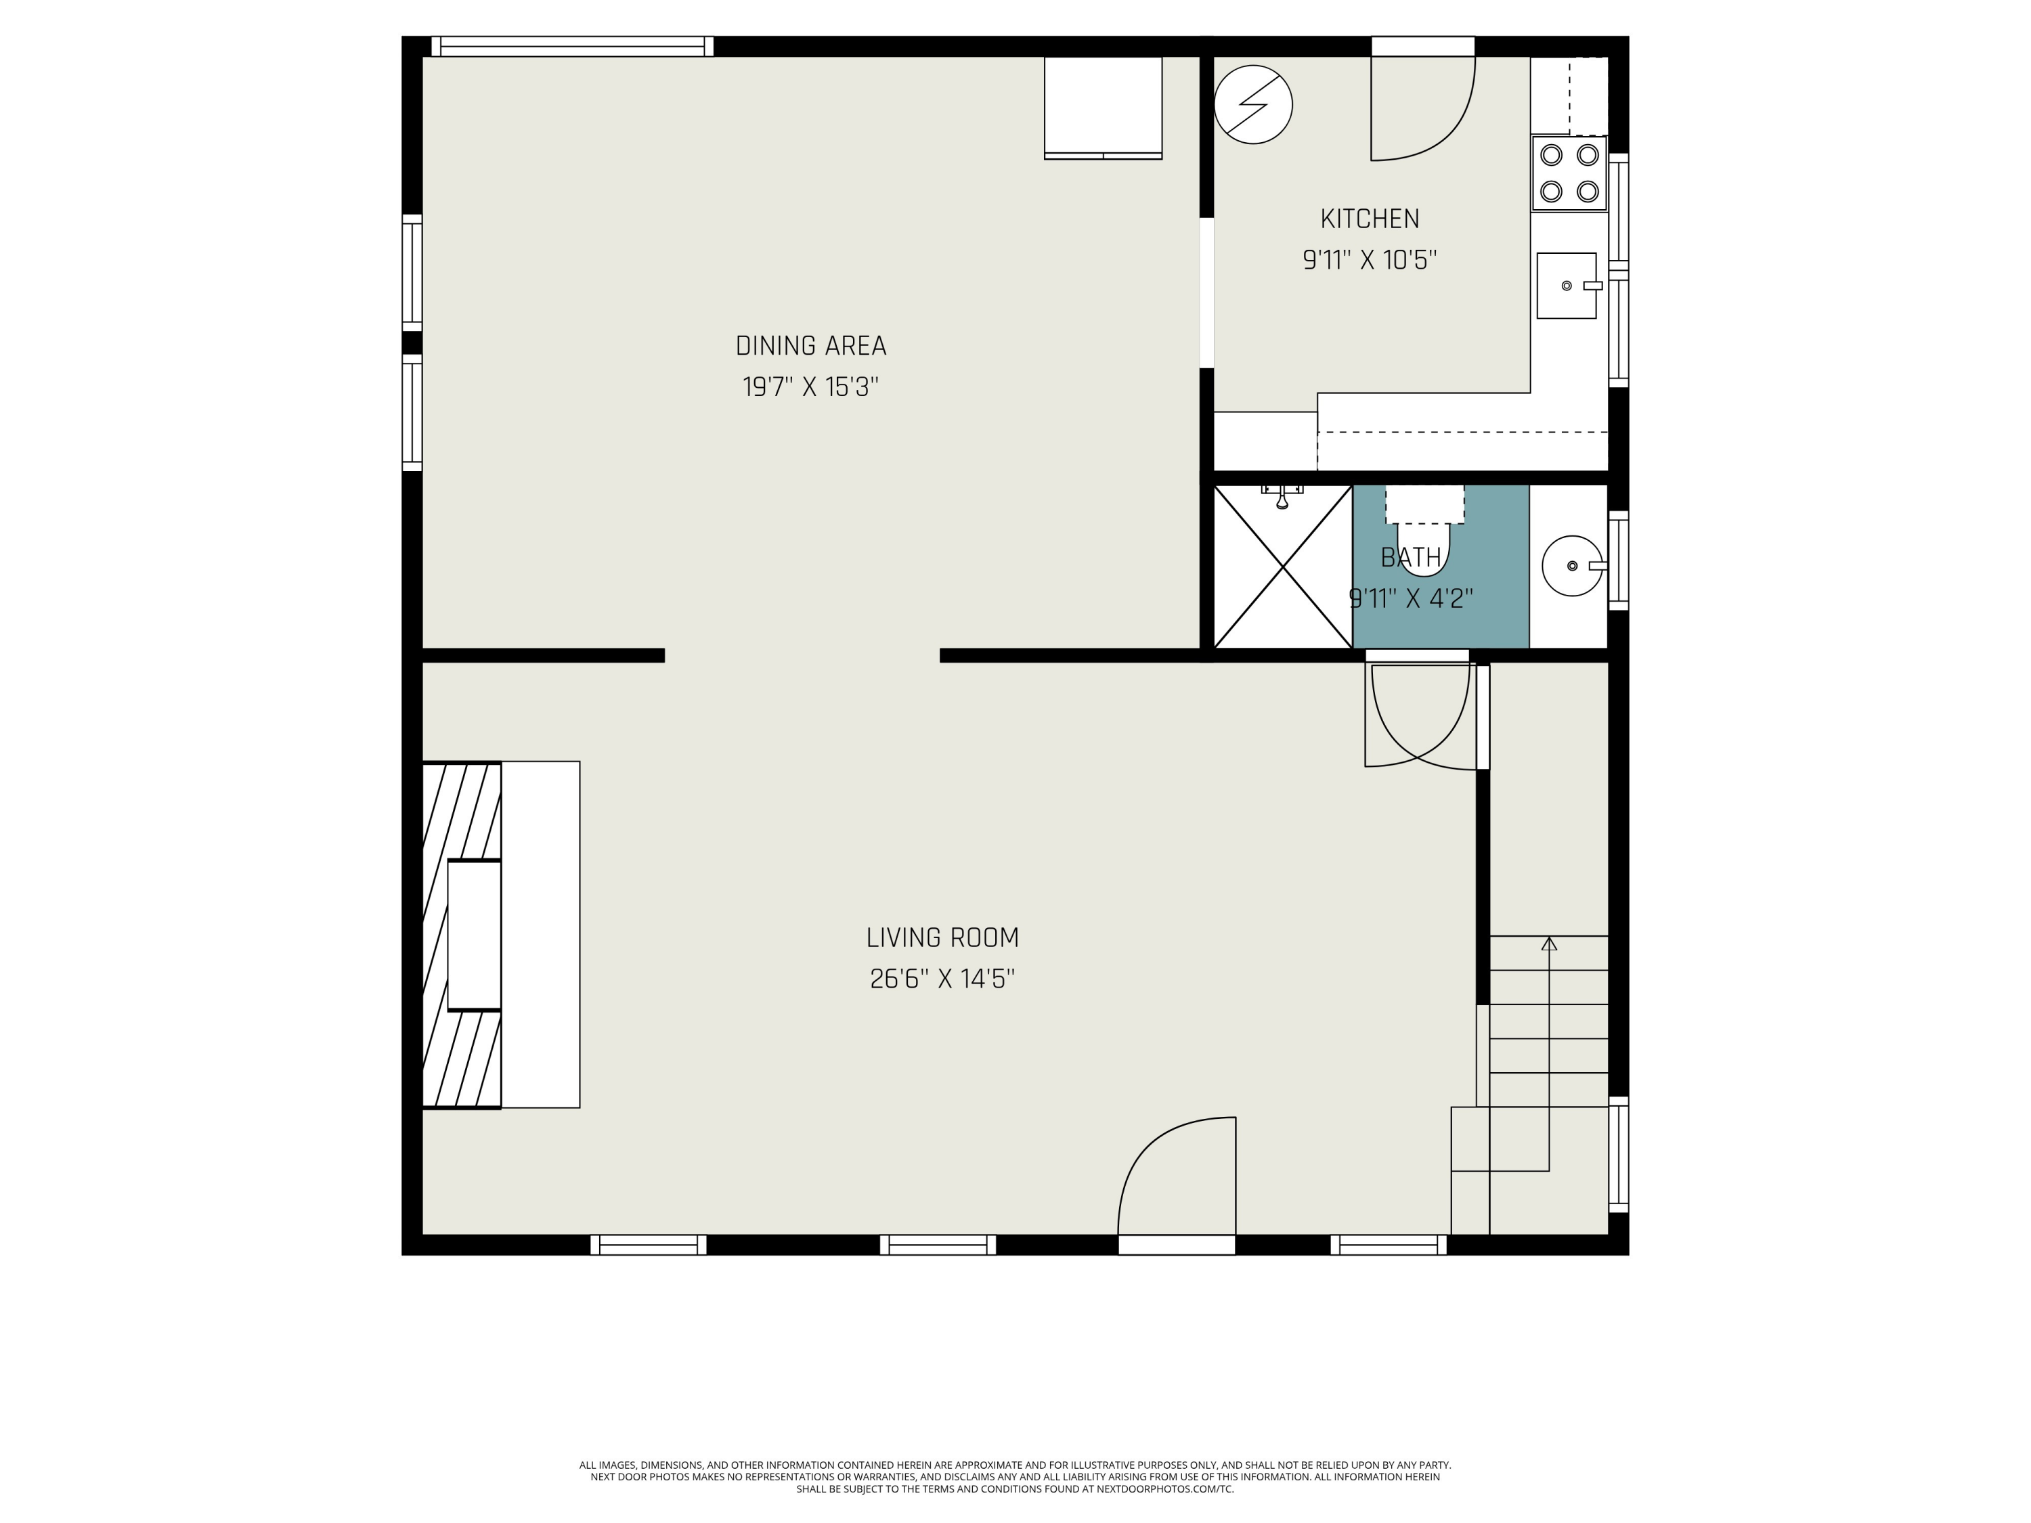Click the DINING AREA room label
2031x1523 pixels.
(x=811, y=346)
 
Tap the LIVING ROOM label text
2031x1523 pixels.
(x=942, y=937)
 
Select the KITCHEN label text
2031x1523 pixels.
(x=1369, y=219)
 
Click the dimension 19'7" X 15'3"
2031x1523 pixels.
(x=811, y=387)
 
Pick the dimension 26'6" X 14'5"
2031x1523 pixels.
(x=942, y=979)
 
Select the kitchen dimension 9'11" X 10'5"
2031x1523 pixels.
(x=1369, y=260)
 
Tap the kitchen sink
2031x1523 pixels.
(x=1567, y=286)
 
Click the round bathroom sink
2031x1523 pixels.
(x=1573, y=565)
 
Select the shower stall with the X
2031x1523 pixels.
(x=1283, y=567)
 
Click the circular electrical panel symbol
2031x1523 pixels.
(x=1253, y=104)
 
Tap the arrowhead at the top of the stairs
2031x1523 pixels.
(x=1549, y=943)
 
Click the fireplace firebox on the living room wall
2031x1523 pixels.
(x=474, y=935)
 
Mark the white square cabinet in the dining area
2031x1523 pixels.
(x=1103, y=108)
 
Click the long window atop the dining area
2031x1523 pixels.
(x=572, y=47)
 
